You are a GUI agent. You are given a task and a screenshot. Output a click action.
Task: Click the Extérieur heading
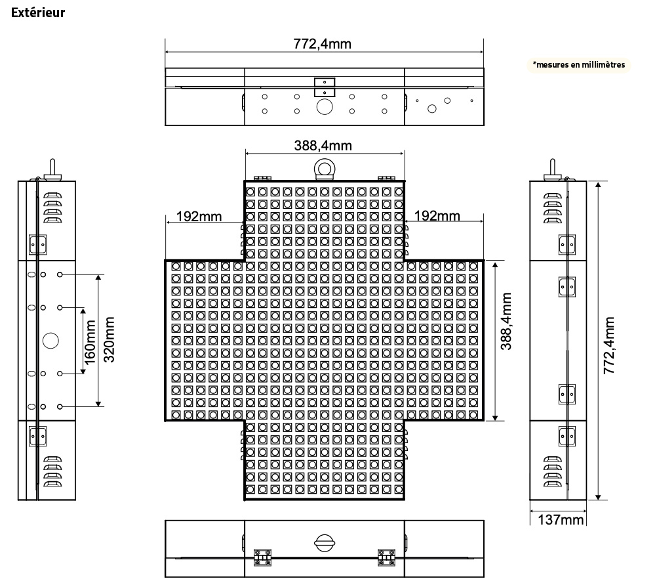tap(38, 12)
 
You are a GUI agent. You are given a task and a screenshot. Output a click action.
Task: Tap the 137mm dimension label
tap(561, 520)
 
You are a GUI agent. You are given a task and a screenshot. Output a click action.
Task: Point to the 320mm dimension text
tap(109, 339)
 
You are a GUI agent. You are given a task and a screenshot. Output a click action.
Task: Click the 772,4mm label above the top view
tap(322, 43)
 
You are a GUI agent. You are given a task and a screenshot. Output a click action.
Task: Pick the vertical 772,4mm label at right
tap(609, 345)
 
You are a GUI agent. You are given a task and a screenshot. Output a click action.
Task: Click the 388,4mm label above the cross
tap(323, 146)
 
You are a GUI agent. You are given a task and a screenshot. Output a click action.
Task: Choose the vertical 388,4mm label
tap(506, 321)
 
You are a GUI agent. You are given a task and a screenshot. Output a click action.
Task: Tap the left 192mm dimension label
tap(199, 217)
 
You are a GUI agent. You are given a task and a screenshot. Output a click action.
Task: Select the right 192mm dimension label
tap(437, 215)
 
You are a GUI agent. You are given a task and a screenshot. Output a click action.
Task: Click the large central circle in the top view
tap(325, 106)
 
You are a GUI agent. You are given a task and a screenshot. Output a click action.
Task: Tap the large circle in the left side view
tap(50, 341)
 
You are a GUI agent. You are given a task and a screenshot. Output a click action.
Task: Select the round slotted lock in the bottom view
tap(325, 543)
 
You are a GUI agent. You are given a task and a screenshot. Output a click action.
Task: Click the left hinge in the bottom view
tap(262, 557)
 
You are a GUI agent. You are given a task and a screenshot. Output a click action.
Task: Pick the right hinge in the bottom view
tap(386, 557)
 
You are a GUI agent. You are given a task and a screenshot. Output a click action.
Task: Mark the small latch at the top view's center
tap(325, 87)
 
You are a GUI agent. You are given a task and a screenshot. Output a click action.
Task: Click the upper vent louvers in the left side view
tap(53, 207)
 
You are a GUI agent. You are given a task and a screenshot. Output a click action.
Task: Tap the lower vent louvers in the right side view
tap(552, 471)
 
